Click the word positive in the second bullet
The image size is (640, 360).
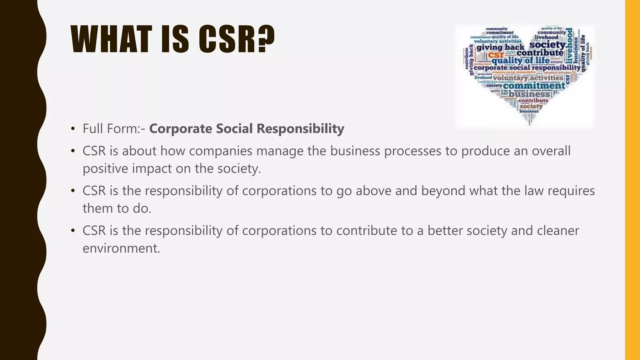point(105,168)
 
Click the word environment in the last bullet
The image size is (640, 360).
point(121,248)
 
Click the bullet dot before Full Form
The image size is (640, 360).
point(73,128)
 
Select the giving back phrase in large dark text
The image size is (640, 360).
point(500,47)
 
